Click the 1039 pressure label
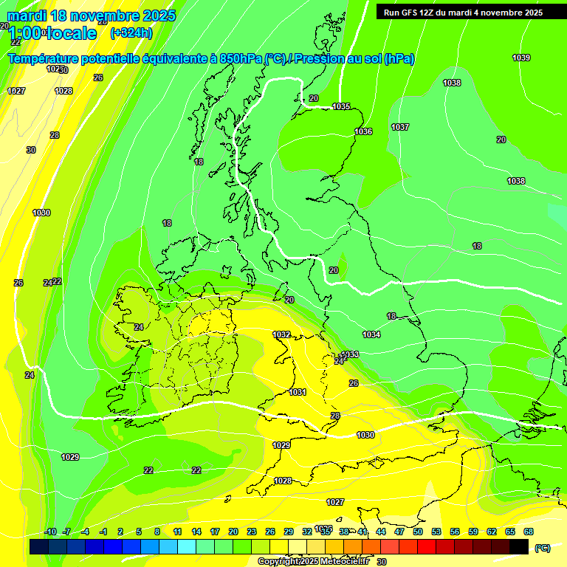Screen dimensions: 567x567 pos(521,58)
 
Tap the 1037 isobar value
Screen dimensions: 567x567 pos(400,128)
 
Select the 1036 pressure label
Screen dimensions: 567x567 pos(363,131)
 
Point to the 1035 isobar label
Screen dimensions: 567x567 pos(341,107)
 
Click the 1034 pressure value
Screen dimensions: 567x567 pos(371,335)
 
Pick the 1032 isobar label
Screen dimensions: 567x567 pos(281,334)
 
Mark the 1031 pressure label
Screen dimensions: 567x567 pos(298,392)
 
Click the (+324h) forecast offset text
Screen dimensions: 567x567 pos(131,32)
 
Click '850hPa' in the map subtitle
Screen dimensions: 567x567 pos(241,59)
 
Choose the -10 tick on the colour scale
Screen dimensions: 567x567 pos(50,532)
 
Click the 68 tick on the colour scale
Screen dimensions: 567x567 pos(529,532)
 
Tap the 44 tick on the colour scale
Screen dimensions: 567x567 pos(380,532)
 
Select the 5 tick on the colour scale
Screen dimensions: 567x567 pos(139,532)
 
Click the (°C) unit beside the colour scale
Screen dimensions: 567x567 pos(542,548)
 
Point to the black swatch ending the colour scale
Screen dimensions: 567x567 pos(518,546)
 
